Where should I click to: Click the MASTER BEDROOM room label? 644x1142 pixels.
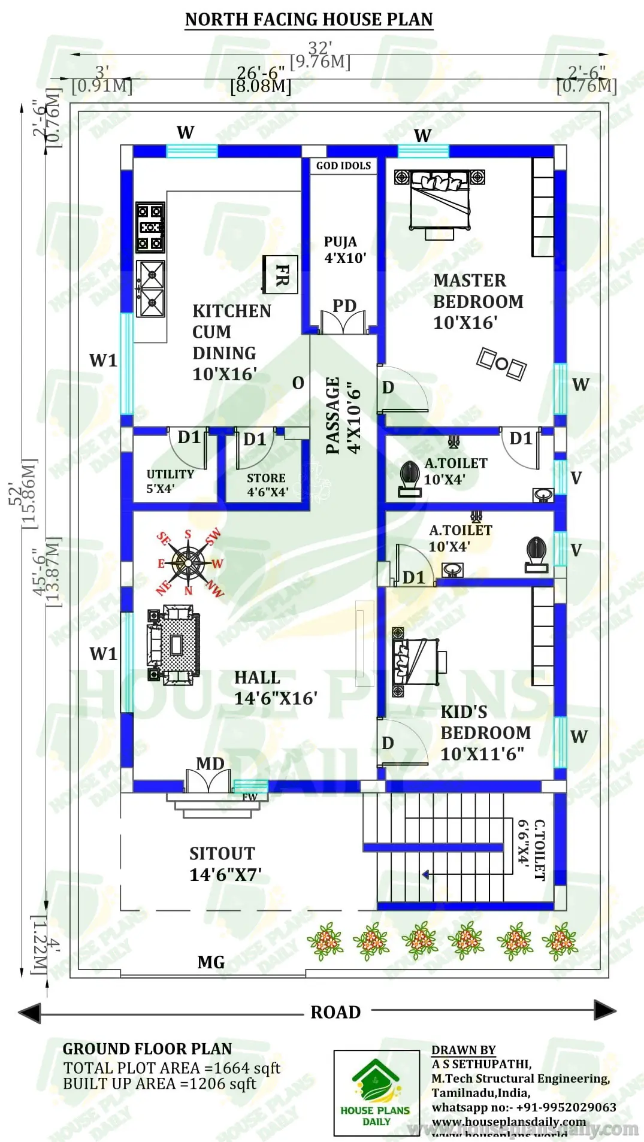coord(477,301)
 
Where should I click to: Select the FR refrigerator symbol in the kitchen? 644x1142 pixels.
coord(281,274)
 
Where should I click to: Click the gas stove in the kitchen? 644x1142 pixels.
coord(150,228)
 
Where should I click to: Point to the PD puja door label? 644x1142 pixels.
coord(344,306)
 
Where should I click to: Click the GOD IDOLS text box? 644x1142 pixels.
coord(343,166)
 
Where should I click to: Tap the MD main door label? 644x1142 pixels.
coord(210,764)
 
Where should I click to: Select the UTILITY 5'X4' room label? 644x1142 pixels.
coord(170,481)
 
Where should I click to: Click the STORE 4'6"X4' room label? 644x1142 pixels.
coord(267,484)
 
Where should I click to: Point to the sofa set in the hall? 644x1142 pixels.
coord(173,645)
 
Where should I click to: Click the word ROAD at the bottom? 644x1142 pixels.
coord(335,1012)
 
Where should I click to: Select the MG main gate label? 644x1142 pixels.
coord(211,962)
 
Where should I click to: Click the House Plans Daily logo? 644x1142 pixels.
coord(376,1093)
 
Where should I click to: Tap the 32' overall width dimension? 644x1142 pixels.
coord(320,48)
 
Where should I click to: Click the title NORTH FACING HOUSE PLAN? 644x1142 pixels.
coord(309,19)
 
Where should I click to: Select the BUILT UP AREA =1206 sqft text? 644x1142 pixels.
coord(159,1084)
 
